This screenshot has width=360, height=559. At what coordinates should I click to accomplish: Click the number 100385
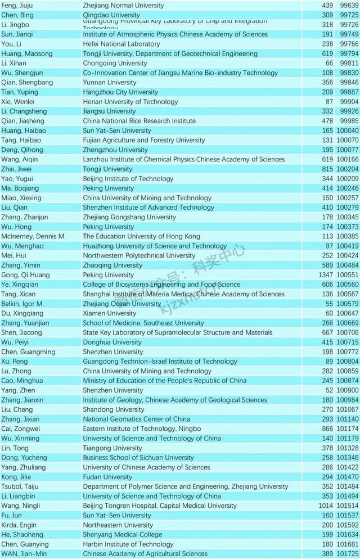[x=348, y=236]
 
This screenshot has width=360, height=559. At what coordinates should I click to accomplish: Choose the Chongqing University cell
[x=115, y=63]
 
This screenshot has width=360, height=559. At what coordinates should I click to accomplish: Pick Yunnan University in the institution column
[x=109, y=82]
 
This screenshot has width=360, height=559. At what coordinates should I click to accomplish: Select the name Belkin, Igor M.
[x=22, y=304]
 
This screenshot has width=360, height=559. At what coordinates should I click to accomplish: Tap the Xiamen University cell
[x=109, y=313]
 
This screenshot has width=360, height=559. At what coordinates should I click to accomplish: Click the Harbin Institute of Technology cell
[x=128, y=544]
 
